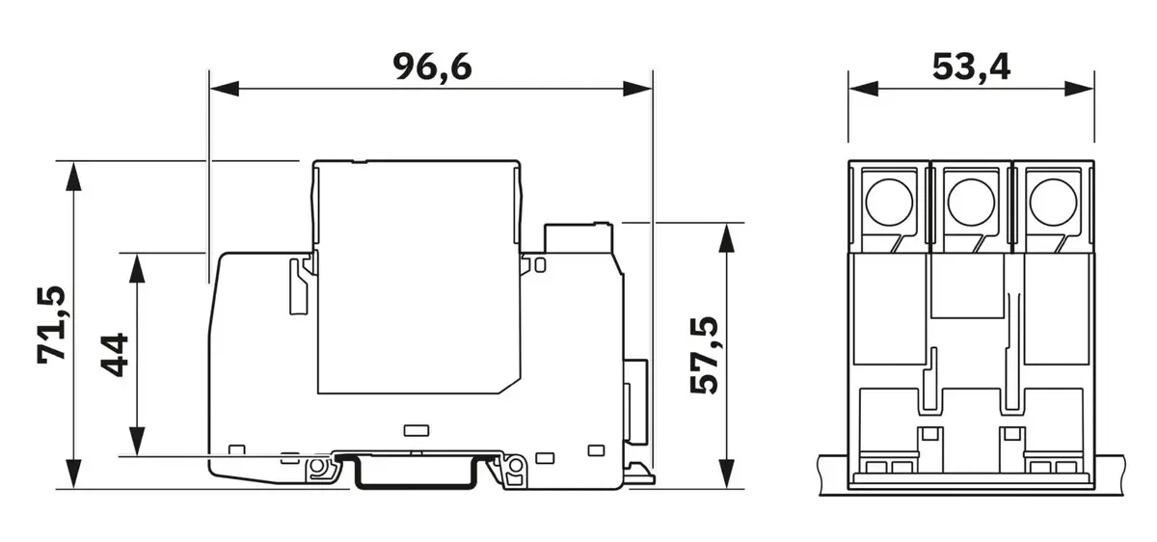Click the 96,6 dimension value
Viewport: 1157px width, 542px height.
432,68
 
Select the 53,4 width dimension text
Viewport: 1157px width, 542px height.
971,68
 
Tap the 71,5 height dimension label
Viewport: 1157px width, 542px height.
52,325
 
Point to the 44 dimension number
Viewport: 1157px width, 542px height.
114,355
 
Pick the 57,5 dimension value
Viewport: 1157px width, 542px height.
704,356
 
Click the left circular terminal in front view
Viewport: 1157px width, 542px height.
888,203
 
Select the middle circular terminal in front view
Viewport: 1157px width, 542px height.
971,203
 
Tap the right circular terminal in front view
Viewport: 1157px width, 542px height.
1053,203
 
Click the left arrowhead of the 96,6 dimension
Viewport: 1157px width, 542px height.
224,89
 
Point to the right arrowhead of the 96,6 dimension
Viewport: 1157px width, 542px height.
637,89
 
